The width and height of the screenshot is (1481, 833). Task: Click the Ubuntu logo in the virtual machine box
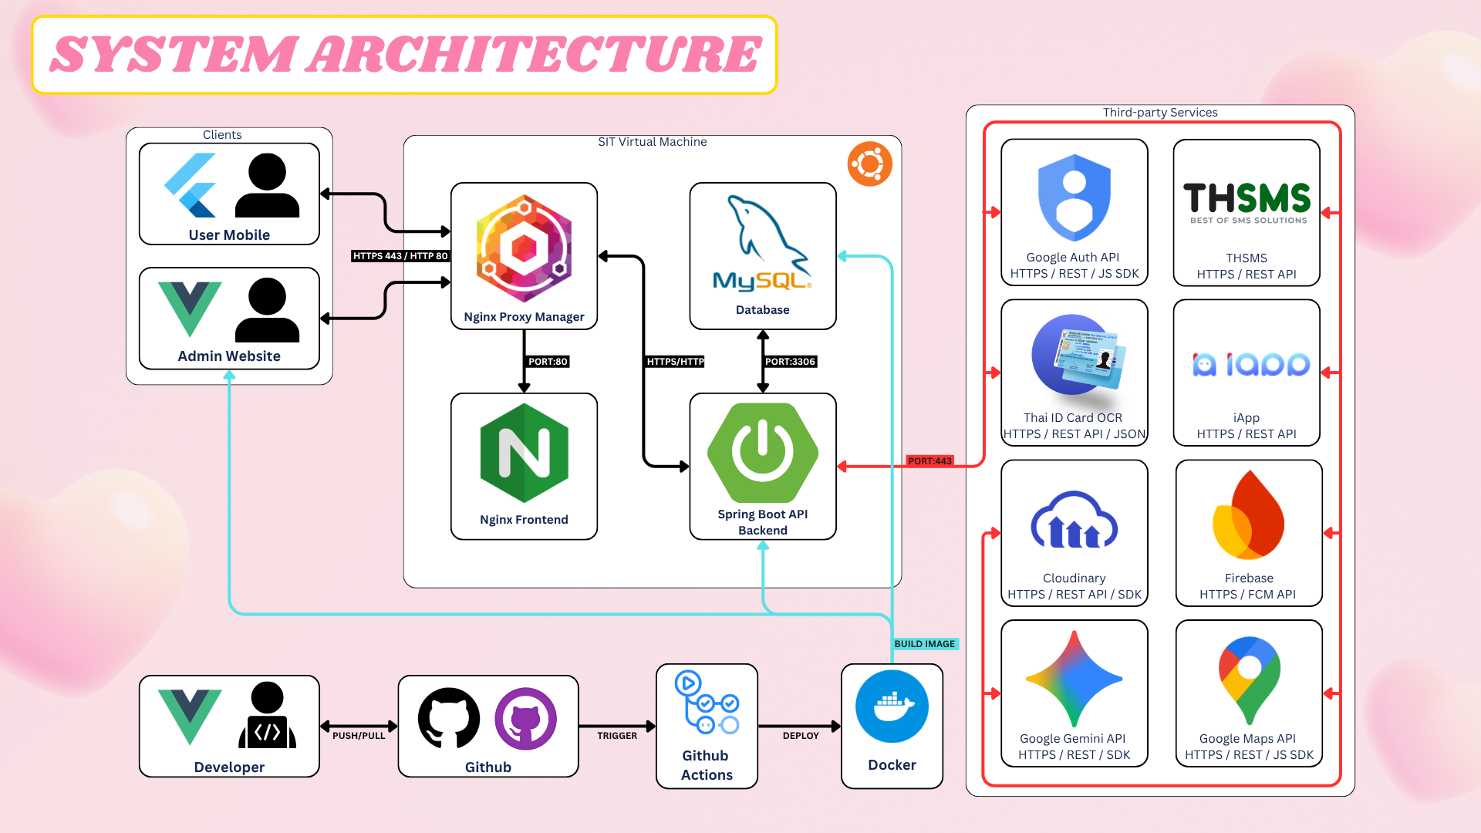(869, 164)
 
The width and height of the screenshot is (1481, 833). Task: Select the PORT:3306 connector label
(790, 362)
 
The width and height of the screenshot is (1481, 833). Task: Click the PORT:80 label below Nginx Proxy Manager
(548, 362)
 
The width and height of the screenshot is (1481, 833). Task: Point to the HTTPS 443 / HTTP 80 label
(400, 256)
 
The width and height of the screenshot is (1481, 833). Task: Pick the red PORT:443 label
(929, 461)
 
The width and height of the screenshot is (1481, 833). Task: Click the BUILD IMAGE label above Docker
(924, 644)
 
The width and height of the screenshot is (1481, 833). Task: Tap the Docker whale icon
(892, 706)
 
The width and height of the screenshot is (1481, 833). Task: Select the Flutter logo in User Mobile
(191, 185)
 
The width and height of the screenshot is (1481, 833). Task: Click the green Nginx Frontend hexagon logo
(524, 453)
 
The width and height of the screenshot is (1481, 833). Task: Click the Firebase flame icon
(1248, 515)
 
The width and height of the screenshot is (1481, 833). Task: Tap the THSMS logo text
(1247, 199)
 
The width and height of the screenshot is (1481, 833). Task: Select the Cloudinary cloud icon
(1074, 521)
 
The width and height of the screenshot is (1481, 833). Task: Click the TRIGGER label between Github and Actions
(617, 736)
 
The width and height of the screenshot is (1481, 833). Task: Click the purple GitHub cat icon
(525, 719)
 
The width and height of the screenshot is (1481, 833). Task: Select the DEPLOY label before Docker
(801, 736)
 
